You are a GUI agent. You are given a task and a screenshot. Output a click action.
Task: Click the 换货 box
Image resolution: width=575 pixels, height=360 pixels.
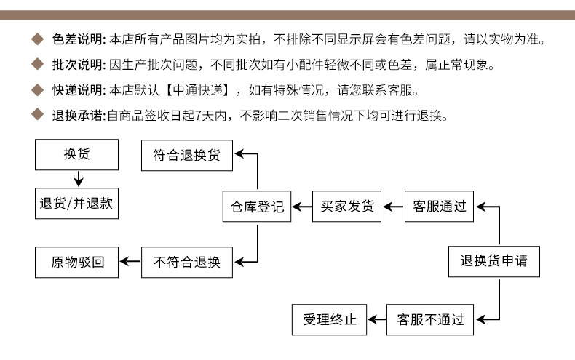pyautogui.click(x=76, y=154)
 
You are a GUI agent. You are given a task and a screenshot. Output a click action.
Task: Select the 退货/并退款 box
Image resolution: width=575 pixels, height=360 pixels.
pyautogui.click(x=76, y=204)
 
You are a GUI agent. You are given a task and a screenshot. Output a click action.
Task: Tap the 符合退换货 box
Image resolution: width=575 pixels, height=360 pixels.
pyautogui.click(x=187, y=155)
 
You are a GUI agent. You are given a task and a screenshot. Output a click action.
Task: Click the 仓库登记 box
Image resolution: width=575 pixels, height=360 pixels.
pyautogui.click(x=257, y=207)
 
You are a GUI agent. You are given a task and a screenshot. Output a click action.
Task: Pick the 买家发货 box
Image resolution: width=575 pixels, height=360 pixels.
pyautogui.click(x=346, y=207)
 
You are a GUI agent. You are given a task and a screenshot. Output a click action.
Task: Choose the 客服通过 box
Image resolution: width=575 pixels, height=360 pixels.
pyautogui.click(x=439, y=207)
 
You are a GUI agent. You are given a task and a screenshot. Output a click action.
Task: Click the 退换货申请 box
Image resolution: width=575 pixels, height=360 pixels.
pyautogui.click(x=494, y=261)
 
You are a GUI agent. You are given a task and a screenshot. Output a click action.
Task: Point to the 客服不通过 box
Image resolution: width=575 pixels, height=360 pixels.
pyautogui.click(x=429, y=320)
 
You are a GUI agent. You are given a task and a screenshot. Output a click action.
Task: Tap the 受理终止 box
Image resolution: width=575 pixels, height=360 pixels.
pyautogui.click(x=329, y=320)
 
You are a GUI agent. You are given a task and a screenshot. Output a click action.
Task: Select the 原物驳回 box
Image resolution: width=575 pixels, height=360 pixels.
pyautogui.click(x=76, y=262)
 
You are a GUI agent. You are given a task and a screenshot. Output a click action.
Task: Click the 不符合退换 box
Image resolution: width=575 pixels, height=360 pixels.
pyautogui.click(x=187, y=262)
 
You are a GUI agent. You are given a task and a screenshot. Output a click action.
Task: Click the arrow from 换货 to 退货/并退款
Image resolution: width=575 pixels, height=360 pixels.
pyautogui.click(x=79, y=179)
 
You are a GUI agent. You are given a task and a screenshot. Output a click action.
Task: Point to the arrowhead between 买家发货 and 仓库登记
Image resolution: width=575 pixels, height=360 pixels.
pyautogui.click(x=297, y=207)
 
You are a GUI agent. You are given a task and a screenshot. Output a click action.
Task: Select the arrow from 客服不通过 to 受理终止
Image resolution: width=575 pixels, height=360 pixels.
pyautogui.click(x=376, y=320)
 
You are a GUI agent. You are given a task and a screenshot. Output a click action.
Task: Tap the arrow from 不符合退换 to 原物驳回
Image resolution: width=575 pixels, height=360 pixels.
pyautogui.click(x=130, y=261)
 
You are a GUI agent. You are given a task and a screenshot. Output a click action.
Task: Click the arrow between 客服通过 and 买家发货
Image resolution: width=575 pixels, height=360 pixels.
pyautogui.click(x=393, y=207)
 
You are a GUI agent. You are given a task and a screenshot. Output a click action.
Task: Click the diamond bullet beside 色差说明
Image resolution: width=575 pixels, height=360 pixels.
pyautogui.click(x=37, y=39)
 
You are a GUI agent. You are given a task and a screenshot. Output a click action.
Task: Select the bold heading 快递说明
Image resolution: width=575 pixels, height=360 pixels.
pyautogui.click(x=79, y=89)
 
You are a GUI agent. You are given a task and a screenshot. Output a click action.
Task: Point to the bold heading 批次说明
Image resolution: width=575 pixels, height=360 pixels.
pyautogui.click(x=79, y=65)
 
